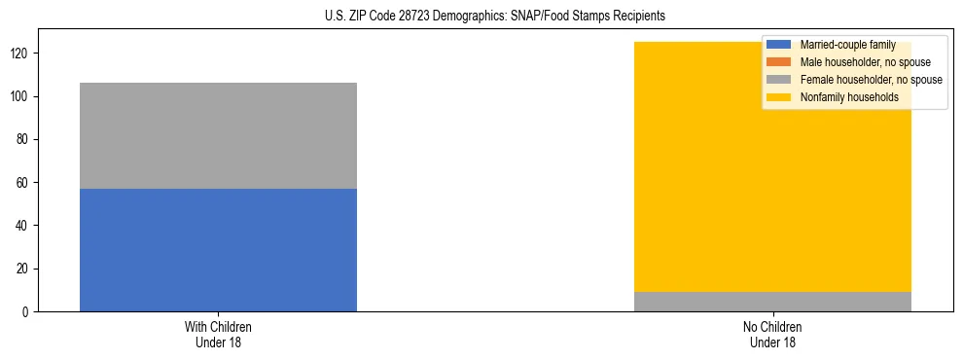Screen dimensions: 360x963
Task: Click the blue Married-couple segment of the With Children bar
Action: pyautogui.click(x=218, y=250)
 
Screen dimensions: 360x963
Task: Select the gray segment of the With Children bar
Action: pyautogui.click(x=218, y=135)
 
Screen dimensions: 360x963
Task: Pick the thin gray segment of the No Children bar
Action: pyautogui.click(x=772, y=302)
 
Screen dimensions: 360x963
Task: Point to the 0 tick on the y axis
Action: pyautogui.click(x=26, y=311)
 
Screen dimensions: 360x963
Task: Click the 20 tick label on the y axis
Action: pyautogui.click(x=23, y=269)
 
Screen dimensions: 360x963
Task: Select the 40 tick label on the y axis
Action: pyautogui.click(x=23, y=226)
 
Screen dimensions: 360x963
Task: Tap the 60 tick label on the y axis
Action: pyautogui.click(x=23, y=183)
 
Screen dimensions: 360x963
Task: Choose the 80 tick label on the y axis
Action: pyautogui.click(x=23, y=139)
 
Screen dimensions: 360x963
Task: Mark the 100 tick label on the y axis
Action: pyautogui.click(x=20, y=96)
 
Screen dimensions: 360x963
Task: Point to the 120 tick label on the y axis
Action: pyautogui.click(x=20, y=54)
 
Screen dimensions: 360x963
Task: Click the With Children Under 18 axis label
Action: pyautogui.click(x=218, y=334)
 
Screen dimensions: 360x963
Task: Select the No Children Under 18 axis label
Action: pyautogui.click(x=772, y=334)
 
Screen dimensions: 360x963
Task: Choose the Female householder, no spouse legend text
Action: pyautogui.click(x=871, y=80)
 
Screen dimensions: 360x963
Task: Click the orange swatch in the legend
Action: pyautogui.click(x=779, y=62)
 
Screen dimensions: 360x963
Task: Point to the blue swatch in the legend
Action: pyautogui.click(x=779, y=46)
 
